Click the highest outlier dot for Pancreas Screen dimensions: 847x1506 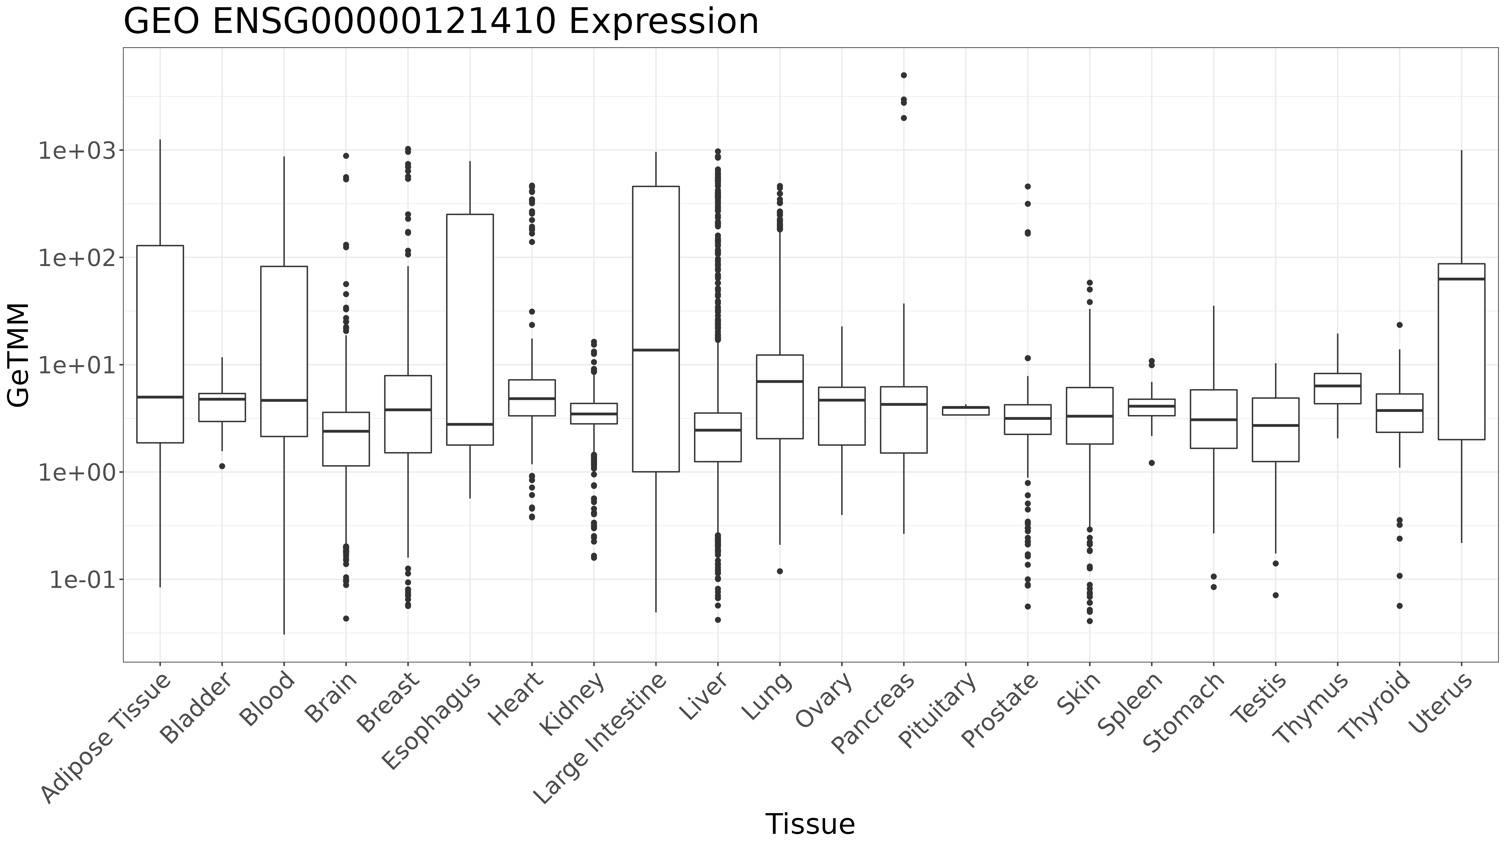pos(904,75)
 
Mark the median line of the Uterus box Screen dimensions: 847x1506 pos(1461,279)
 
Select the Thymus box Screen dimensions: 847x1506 pos(1338,389)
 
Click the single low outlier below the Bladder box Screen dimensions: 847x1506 pos(222,466)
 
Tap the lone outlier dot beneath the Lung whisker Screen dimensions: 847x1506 pos(780,571)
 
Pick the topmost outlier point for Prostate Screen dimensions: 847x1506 pos(1028,186)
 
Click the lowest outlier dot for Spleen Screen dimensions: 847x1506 pos(1152,463)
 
